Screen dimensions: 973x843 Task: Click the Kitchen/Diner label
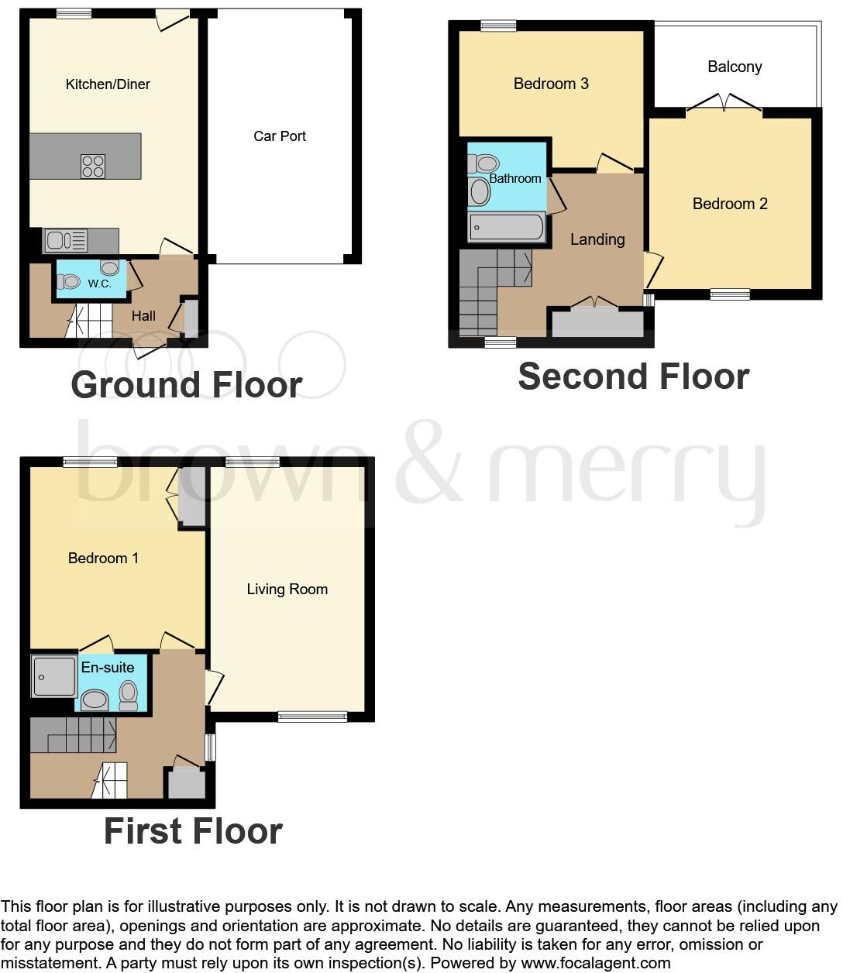[x=108, y=84]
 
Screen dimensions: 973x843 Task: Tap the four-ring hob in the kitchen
[x=93, y=167]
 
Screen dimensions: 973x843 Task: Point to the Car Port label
[x=280, y=136]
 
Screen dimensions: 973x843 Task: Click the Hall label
[x=143, y=316]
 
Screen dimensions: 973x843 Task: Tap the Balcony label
[x=735, y=67]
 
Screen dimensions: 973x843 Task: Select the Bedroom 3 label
[x=551, y=84]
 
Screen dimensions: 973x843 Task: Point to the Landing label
[x=597, y=239]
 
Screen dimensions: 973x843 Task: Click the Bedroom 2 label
[x=730, y=204]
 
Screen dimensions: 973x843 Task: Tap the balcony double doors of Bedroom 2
[x=724, y=103]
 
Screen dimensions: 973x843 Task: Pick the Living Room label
[x=287, y=590]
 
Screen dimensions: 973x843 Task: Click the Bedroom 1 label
[x=103, y=559]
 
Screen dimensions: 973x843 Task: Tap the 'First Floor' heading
[x=193, y=831]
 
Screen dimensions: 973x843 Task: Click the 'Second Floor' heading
[x=633, y=376]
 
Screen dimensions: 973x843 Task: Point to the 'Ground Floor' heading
[x=186, y=385]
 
